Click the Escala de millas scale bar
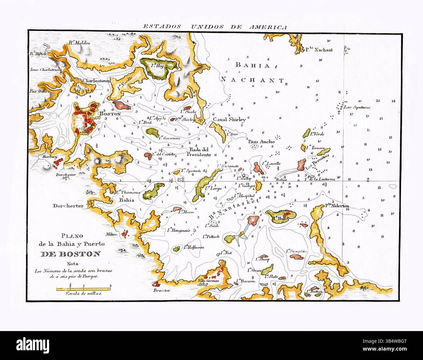point(84,288)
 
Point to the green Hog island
point(160,67)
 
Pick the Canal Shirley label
point(229,119)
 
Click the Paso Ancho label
point(261,141)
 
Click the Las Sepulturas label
point(357,107)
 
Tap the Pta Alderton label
point(337,206)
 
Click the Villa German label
point(208,280)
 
